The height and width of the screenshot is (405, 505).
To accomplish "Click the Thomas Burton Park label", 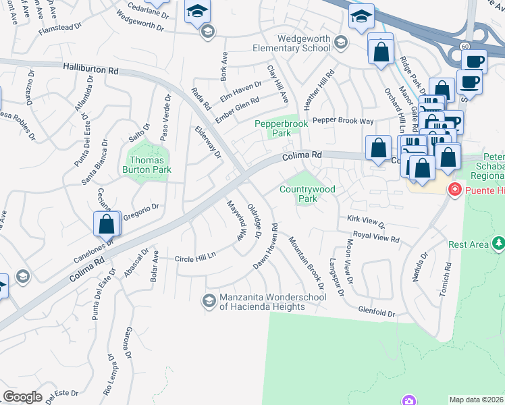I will [147, 165].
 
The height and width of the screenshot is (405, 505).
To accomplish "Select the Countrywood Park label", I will [307, 194].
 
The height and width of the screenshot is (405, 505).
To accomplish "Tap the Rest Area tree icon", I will [498, 242].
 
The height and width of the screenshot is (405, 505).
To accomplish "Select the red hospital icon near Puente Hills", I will [455, 190].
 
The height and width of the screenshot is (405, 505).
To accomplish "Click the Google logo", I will [22, 397].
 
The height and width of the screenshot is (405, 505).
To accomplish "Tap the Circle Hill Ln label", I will [194, 259].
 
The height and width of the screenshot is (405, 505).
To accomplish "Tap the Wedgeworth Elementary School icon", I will [340, 43].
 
